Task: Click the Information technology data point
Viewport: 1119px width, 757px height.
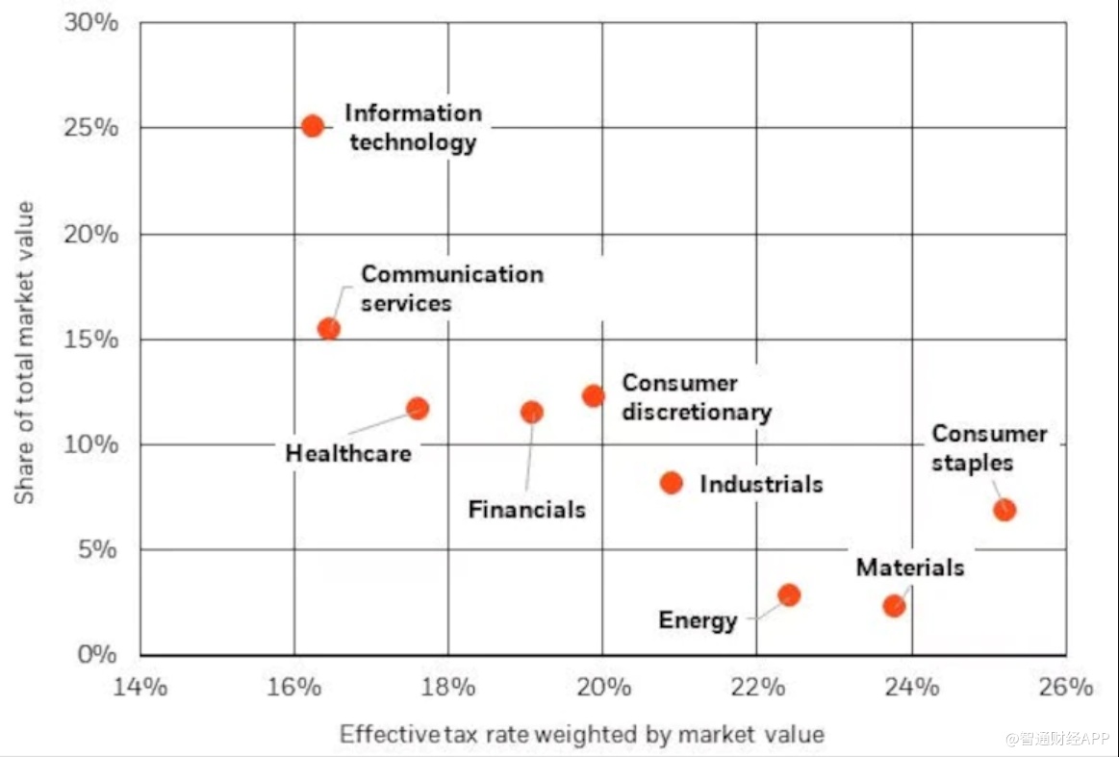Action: pyautogui.click(x=312, y=126)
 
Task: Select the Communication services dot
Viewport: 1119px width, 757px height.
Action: pyautogui.click(x=329, y=328)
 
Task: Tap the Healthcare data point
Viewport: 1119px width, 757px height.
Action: pyautogui.click(x=418, y=408)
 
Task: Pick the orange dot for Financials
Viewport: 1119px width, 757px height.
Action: pyautogui.click(x=531, y=412)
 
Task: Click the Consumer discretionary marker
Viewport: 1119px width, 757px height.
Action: pyautogui.click(x=593, y=395)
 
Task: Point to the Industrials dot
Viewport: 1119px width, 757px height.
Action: pyautogui.click(x=672, y=483)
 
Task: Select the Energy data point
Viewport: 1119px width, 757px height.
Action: pyautogui.click(x=789, y=594)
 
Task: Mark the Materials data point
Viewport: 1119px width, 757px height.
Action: pyautogui.click(x=894, y=606)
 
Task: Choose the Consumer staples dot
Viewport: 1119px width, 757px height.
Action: pyautogui.click(x=1005, y=510)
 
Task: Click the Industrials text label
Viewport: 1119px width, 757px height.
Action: pyautogui.click(x=761, y=484)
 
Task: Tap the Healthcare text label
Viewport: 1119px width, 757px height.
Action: pyautogui.click(x=348, y=453)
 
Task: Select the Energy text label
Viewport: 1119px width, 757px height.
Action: pyautogui.click(x=698, y=620)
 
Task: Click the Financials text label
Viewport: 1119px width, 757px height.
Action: pyautogui.click(x=526, y=509)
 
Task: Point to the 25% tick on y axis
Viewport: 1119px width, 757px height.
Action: pyautogui.click(x=91, y=128)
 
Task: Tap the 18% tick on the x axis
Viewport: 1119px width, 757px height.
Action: pyautogui.click(x=448, y=688)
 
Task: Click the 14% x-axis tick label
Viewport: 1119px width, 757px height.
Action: pyautogui.click(x=140, y=688)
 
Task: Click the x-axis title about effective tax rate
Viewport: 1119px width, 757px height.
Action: pyautogui.click(x=581, y=735)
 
